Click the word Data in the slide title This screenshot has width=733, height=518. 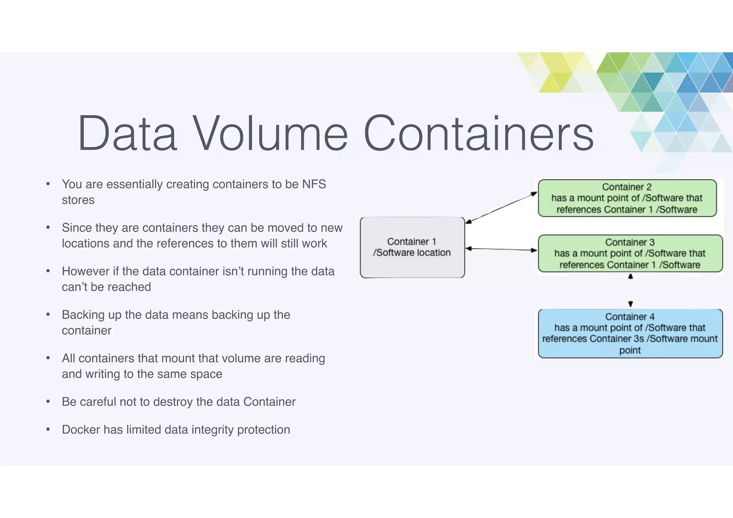point(128,133)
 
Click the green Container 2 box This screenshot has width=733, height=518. point(627,198)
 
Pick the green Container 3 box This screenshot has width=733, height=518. point(630,253)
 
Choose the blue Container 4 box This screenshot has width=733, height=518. point(630,333)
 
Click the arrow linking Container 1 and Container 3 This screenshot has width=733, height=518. point(501,249)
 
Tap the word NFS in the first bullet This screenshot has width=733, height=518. point(314,184)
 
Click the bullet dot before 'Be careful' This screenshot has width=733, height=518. point(48,402)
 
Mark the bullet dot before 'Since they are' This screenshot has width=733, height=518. point(48,228)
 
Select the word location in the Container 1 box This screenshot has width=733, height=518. point(433,253)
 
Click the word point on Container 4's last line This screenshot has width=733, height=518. point(630,350)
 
